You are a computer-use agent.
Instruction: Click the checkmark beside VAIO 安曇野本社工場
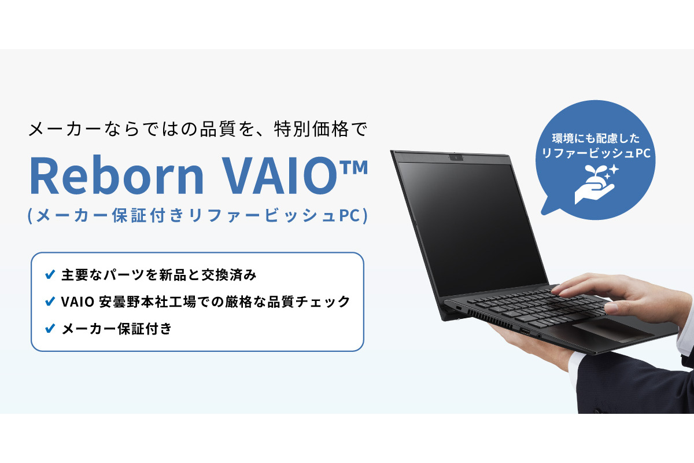pos(50,302)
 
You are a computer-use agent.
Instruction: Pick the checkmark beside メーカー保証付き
pos(50,329)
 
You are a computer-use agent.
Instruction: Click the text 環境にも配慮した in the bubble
pos(595,140)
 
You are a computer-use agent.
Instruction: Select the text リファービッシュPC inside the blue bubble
pos(595,154)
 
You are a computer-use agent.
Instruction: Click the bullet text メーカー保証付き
pos(116,329)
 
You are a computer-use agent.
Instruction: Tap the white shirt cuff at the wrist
pos(685,341)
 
